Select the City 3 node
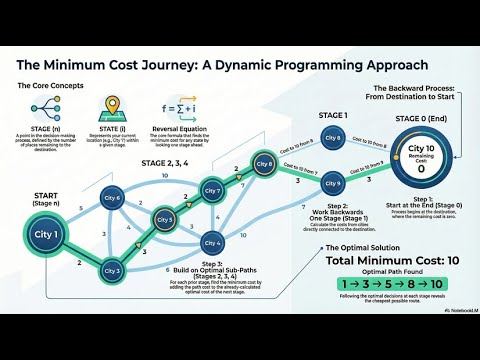click(x=112, y=270)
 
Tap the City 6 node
click(x=112, y=199)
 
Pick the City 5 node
click(x=166, y=219)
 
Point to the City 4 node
click(x=212, y=243)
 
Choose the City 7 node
click(x=212, y=190)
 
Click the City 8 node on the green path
click(x=264, y=164)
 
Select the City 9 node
click(x=333, y=183)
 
